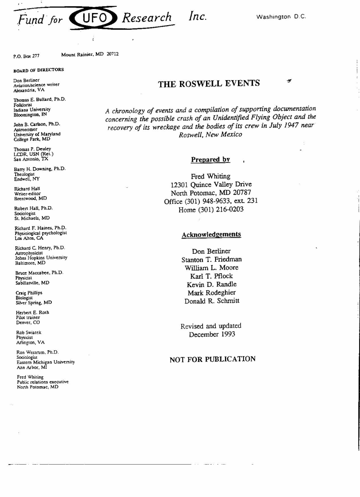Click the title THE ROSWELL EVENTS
point(209,83)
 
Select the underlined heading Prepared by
point(210,160)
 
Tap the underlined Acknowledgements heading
point(211,235)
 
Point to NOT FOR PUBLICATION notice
point(212,359)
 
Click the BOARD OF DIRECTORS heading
point(38,70)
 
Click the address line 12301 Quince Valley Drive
point(211,185)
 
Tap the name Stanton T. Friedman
point(211,260)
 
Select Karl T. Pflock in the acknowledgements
point(211,276)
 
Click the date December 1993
point(211,334)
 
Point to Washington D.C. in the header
point(281,17)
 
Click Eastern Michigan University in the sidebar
point(45,362)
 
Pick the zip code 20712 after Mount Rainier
point(112,54)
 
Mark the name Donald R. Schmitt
point(211,301)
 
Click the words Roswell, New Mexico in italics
point(210,135)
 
